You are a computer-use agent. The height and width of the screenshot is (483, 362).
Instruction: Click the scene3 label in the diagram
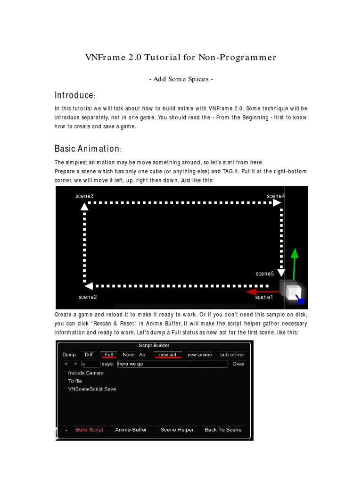point(85,196)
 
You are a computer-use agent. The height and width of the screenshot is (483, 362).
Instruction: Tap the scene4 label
point(276,196)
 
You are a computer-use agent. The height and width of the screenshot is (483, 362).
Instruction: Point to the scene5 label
point(265,274)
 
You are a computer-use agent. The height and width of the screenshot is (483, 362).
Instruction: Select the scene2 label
point(88,297)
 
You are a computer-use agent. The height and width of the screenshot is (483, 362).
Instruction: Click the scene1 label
point(264,297)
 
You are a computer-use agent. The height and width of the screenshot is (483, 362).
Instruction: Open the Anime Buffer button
point(131,430)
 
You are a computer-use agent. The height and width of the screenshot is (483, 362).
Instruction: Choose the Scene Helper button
point(177,430)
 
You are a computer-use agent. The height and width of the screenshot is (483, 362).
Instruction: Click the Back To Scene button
point(223,430)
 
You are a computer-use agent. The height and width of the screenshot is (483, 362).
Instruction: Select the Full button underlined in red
point(109,355)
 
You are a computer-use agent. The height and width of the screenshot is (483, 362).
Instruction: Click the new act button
point(167,355)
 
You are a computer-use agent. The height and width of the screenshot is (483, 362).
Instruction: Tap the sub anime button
point(232,355)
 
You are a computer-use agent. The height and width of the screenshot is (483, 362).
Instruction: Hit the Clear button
point(239,364)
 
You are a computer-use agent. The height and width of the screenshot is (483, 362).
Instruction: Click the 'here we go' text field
point(173,364)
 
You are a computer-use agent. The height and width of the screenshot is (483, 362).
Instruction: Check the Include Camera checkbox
point(65,373)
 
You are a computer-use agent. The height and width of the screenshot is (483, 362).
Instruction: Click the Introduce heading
point(74,95)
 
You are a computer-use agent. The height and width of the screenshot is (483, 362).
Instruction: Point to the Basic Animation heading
point(88,149)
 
